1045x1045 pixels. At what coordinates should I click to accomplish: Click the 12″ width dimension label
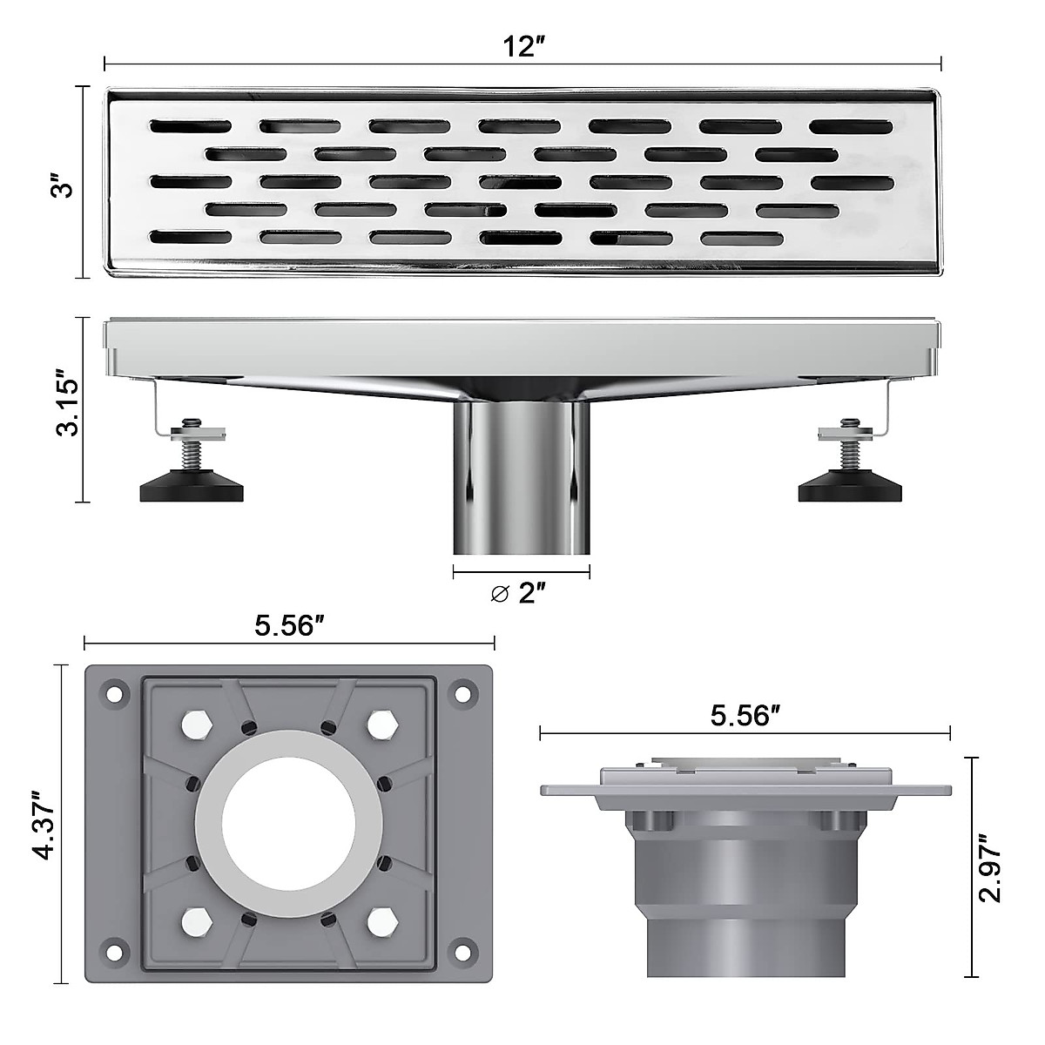pyautogui.click(x=522, y=47)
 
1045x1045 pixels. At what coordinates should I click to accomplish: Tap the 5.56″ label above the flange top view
pyautogui.click(x=290, y=625)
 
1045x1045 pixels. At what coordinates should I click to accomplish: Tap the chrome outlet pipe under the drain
pyautogui.click(x=522, y=488)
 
